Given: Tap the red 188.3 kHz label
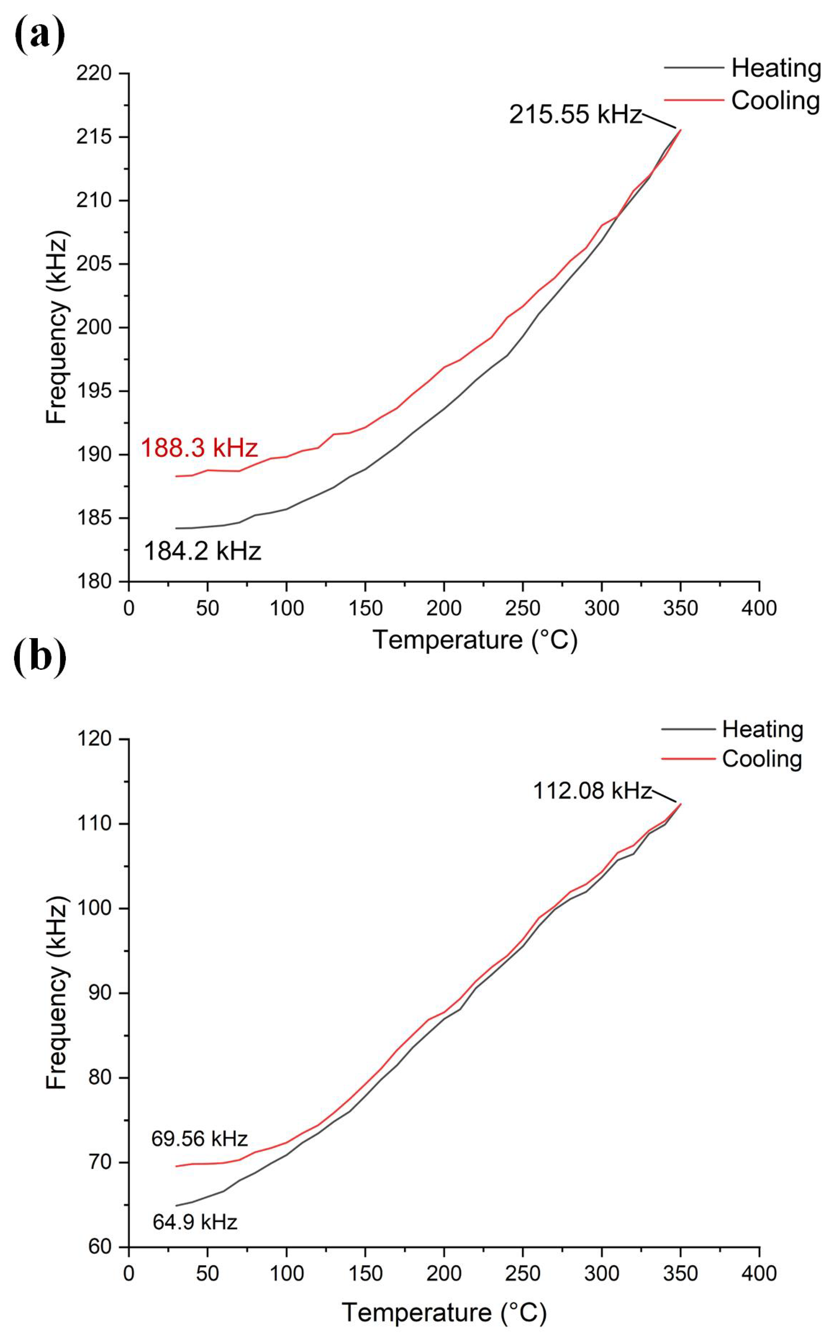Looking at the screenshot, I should click(x=199, y=448).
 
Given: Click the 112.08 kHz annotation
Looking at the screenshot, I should click(x=592, y=791).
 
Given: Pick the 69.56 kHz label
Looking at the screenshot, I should click(x=199, y=1139).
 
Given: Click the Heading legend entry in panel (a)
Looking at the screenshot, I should click(x=775, y=68).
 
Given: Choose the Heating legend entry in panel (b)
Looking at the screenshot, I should click(x=762, y=729).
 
